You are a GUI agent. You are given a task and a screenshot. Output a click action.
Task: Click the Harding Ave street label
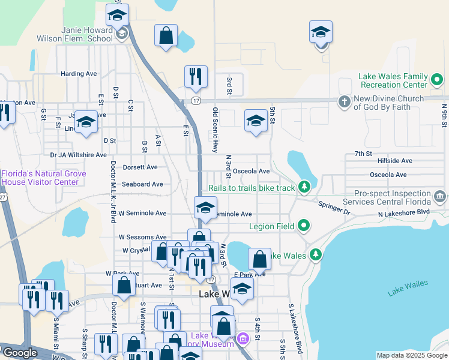pos(79,74)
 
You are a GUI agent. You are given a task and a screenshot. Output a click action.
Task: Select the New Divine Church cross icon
pos(344,100)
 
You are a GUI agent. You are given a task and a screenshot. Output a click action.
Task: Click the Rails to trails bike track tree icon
pos(304,188)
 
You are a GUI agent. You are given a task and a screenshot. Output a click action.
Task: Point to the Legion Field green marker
pos(304,226)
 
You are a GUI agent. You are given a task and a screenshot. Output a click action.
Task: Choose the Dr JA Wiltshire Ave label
pos(79,155)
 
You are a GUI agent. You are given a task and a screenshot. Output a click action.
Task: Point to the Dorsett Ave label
pos(139,167)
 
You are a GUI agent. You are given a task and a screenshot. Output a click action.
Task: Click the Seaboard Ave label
pos(142,184)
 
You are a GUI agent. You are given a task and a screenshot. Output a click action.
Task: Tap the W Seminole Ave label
pos(142,213)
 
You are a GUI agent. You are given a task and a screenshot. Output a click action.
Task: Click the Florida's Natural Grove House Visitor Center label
pos(43,178)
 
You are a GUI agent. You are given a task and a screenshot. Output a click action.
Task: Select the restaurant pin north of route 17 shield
pos(196,76)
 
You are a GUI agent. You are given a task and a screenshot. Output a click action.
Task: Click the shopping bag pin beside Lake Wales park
pos(259,260)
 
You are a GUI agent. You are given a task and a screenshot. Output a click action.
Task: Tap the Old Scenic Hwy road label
pos(215,130)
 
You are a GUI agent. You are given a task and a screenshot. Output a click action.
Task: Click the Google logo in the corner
pos(19,353)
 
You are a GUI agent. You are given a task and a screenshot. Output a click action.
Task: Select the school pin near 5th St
pos(256,121)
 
